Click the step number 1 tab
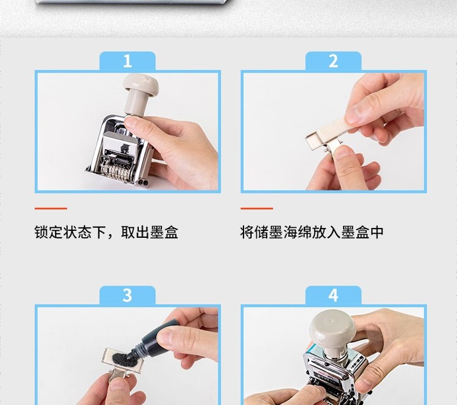pyautogui.click(x=127, y=61)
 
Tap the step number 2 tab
pyautogui.click(x=334, y=61)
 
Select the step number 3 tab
pyautogui.click(x=127, y=295)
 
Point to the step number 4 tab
pyautogui.click(x=334, y=295)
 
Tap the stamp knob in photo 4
pyautogui.click(x=332, y=329)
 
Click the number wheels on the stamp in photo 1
pyautogui.click(x=115, y=172)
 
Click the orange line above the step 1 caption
pyautogui.click(x=51, y=208)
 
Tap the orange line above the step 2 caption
pyautogui.click(x=257, y=208)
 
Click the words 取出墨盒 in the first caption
pyautogui.click(x=150, y=232)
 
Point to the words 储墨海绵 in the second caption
pyautogui.click(x=283, y=232)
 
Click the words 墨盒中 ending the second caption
pyautogui.click(x=362, y=232)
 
